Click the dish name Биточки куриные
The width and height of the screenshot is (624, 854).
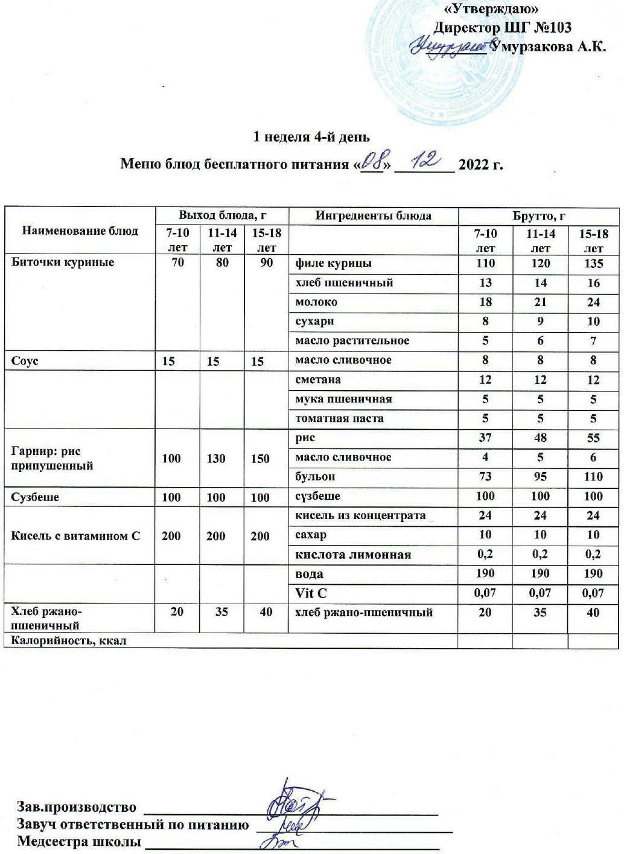point(63,263)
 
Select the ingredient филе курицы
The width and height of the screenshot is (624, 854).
point(333,263)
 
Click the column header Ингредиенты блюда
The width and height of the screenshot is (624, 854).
point(374,215)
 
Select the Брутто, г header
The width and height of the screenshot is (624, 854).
point(538,215)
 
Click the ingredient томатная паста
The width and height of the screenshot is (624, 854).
point(339,418)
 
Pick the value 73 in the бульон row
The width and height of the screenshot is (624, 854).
point(485,476)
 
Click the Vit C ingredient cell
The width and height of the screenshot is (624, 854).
point(311,593)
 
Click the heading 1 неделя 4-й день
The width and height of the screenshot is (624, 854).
point(311,137)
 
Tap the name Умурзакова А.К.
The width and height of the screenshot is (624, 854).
point(548,46)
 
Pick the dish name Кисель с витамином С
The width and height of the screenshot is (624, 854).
point(75,535)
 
